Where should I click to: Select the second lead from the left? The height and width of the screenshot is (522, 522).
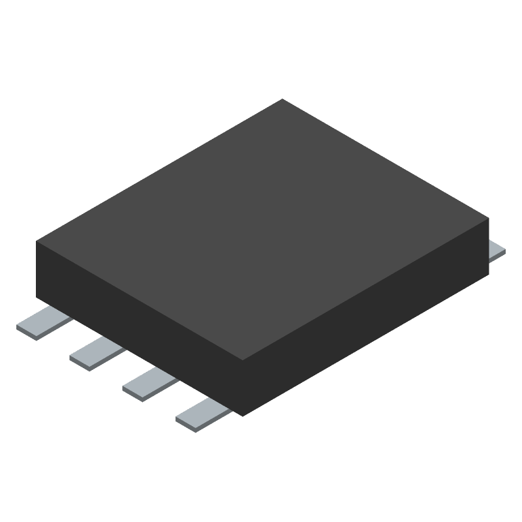pyautogui.click(x=97, y=352)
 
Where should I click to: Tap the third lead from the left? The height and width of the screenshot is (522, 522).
pyautogui.click(x=149, y=383)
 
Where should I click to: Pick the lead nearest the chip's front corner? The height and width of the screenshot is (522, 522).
pyautogui.click(x=202, y=413)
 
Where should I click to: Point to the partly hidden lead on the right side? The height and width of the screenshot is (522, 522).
pyautogui.click(x=497, y=250)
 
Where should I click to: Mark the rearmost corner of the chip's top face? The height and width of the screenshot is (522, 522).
pyautogui.click(x=282, y=99)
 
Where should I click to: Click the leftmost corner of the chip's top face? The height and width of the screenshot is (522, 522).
pyautogui.click(x=37, y=241)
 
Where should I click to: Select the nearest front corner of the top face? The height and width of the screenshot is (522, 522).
pyautogui.click(x=243, y=360)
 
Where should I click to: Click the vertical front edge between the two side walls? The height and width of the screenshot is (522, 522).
pyautogui.click(x=243, y=388)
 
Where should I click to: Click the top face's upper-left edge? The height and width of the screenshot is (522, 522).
pyautogui.click(x=159, y=170)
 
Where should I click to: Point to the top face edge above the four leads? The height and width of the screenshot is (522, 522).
pyautogui.click(x=140, y=301)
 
